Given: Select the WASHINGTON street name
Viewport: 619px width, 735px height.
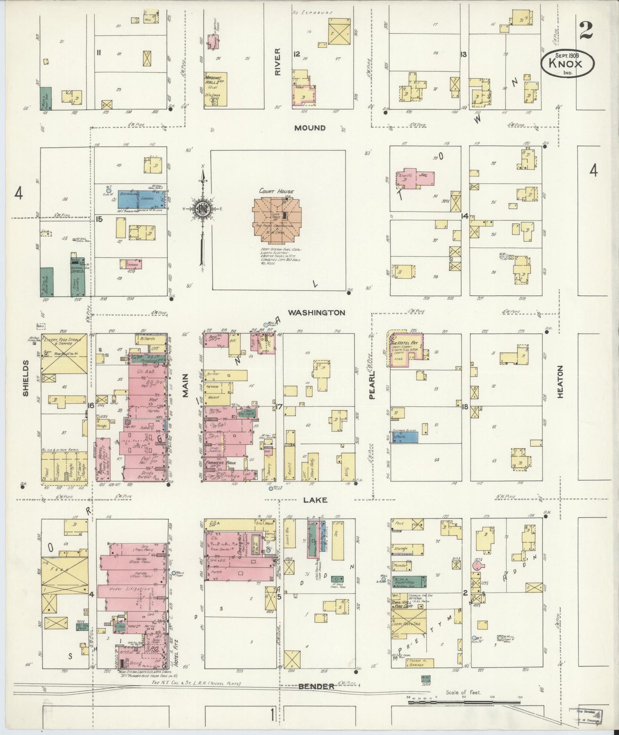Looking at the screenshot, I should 316,313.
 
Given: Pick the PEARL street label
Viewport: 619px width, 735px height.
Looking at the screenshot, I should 372,385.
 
